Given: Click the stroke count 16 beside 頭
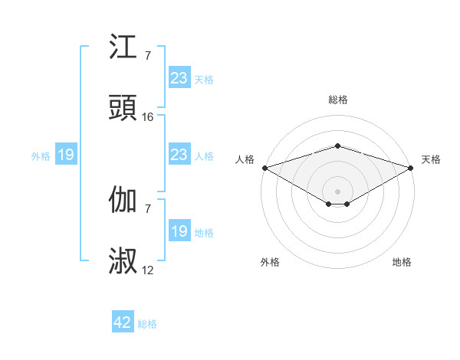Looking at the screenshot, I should (148, 117).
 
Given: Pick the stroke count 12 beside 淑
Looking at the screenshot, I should (148, 270).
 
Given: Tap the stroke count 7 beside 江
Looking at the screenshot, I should (148, 56).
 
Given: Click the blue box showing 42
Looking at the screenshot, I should (123, 322).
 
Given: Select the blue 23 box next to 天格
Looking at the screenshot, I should (179, 78).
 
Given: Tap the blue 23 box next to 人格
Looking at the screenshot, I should (179, 155).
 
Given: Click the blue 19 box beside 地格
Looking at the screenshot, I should (179, 231).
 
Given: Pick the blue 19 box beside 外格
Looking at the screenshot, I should (66, 155).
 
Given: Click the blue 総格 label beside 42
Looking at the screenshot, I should (147, 324).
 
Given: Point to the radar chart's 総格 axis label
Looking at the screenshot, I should (337, 100).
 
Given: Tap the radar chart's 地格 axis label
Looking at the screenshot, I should (402, 262).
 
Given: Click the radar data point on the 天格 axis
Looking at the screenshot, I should (411, 168).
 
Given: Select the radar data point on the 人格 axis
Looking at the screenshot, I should (264, 168).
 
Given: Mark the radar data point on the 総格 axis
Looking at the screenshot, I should (337, 146).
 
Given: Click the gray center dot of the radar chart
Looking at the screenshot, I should (337, 191).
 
